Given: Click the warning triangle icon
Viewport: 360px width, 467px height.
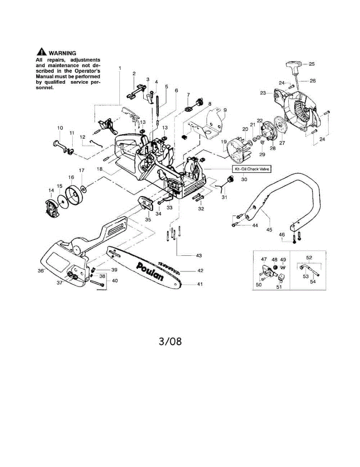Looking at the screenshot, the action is [42, 52].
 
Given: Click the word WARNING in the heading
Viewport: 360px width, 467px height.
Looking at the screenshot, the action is [62, 53].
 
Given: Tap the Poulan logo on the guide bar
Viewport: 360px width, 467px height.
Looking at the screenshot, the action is [150, 271].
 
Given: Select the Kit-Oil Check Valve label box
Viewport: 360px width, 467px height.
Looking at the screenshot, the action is [252, 169].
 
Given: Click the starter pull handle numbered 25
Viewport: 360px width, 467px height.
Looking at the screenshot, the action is [294, 65].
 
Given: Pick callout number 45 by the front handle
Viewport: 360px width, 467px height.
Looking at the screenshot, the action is [269, 230].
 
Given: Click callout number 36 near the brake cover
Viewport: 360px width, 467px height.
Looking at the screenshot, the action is [40, 271].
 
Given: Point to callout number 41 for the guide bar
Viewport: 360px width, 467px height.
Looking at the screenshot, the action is [200, 284].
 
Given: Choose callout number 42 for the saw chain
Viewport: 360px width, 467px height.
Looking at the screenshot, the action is [200, 270].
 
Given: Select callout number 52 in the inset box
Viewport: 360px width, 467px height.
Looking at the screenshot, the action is [309, 258].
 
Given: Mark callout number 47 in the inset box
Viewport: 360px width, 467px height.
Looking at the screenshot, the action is [264, 260].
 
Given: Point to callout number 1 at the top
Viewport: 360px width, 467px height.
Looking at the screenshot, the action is [120, 68].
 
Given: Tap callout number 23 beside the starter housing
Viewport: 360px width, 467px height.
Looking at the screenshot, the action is [263, 93].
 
